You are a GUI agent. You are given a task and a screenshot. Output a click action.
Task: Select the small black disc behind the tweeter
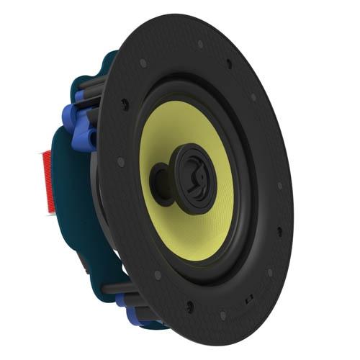159,178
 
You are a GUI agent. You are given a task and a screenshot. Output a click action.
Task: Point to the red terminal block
50,181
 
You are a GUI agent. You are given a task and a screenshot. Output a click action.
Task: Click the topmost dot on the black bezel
200,44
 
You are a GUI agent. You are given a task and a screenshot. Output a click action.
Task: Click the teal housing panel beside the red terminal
72,194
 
